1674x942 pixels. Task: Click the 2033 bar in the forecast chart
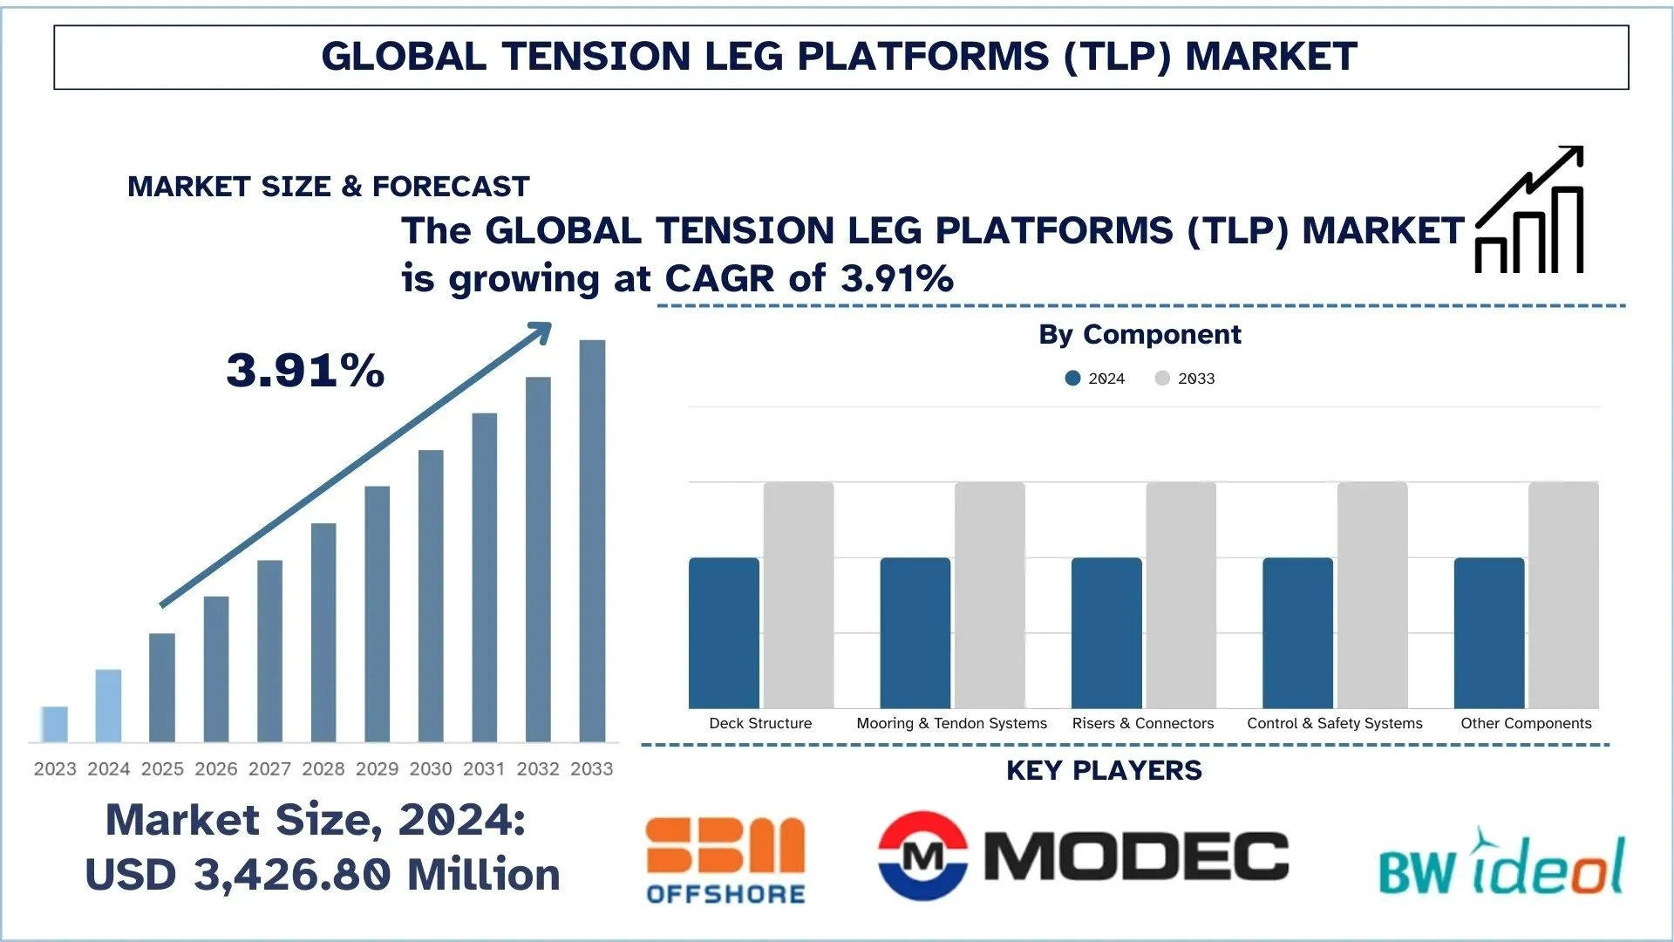click(x=592, y=541)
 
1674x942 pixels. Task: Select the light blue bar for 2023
click(x=55, y=724)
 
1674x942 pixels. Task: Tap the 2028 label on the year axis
click(x=323, y=768)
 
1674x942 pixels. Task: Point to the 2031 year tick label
click(x=484, y=768)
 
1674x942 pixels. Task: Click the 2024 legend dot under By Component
click(x=1073, y=379)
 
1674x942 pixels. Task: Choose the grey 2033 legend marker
click(x=1162, y=379)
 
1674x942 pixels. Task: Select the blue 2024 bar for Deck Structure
click(x=724, y=633)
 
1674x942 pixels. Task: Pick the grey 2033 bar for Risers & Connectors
click(x=1181, y=595)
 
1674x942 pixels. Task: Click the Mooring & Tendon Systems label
click(x=951, y=723)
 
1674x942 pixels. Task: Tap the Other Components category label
click(x=1526, y=723)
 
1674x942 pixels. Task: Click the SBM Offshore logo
click(x=725, y=860)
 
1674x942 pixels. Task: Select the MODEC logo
click(x=1083, y=855)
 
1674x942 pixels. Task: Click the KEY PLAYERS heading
click(x=1104, y=770)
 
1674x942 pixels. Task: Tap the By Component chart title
click(x=1140, y=334)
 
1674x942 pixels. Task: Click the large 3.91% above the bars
click(x=305, y=370)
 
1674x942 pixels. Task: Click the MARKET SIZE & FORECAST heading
click(x=329, y=187)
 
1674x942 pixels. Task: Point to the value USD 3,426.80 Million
click(x=323, y=874)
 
